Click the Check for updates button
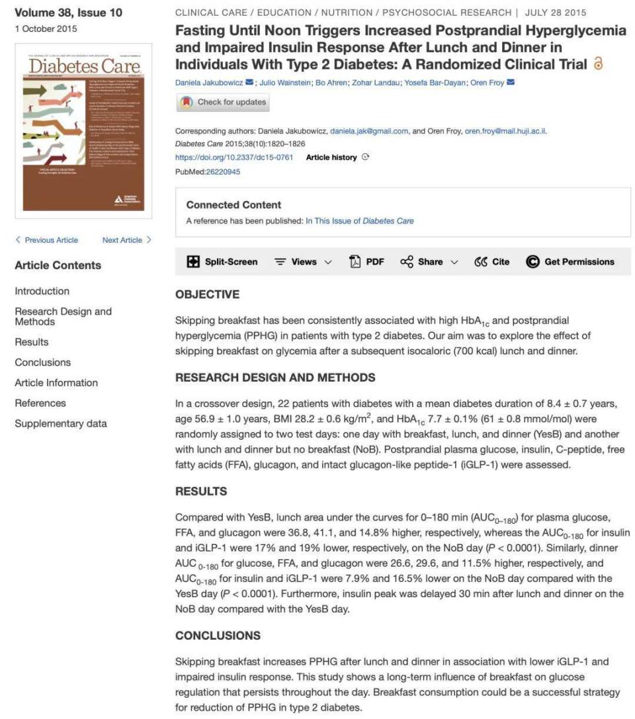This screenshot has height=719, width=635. pos(222,103)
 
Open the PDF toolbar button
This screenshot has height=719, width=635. pos(366,262)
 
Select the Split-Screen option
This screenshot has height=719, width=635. pos(222,262)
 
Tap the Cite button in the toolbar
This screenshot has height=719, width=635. pos(492,262)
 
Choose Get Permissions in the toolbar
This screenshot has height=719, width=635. pos(570,262)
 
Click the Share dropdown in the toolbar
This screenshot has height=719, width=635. pos(429,262)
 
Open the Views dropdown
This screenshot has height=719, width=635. pos(303,262)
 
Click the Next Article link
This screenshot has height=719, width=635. pos(126,240)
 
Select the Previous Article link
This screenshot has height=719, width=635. pos(47,240)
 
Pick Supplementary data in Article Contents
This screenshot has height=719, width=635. pos(61,423)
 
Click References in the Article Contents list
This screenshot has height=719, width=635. pos(40,403)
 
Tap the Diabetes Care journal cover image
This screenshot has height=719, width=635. pos(83,132)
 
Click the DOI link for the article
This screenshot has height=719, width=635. pos(234,157)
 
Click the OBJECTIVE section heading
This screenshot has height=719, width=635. pos(207,294)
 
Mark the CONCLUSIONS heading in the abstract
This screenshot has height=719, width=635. pos(218,636)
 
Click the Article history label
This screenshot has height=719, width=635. pos(331,157)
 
